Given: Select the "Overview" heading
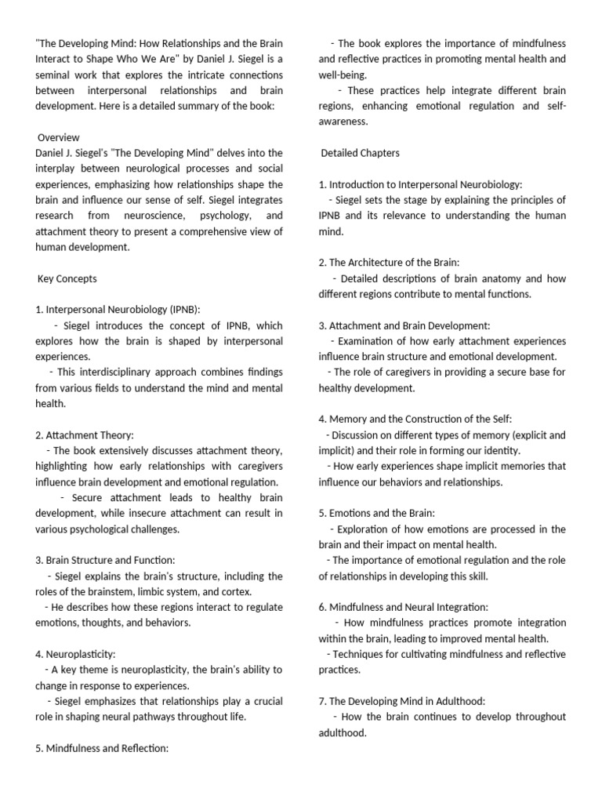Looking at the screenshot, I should click(59, 137).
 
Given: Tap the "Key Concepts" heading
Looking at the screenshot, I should click(67, 278).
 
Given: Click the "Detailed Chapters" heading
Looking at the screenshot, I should click(360, 153).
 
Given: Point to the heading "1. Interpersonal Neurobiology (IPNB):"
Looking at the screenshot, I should click(123, 310).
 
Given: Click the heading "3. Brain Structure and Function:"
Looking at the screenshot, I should click(105, 560).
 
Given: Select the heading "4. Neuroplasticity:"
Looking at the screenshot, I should click(77, 654).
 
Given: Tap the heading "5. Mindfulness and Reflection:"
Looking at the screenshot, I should click(102, 748).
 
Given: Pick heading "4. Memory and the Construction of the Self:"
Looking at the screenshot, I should click(415, 420).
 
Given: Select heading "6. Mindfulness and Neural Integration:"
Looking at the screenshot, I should click(403, 607).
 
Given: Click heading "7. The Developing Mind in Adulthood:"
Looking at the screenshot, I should click(402, 701).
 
